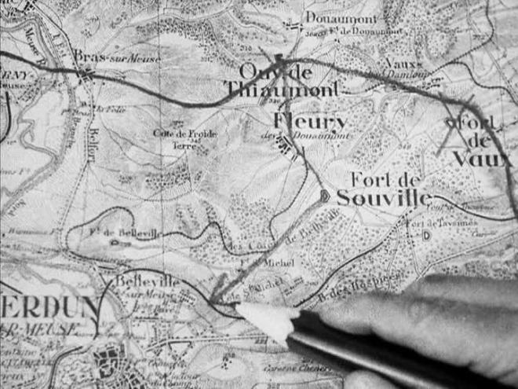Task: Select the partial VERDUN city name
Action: pyautogui.click(x=47, y=304)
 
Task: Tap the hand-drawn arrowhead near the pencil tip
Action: pyautogui.click(x=221, y=299)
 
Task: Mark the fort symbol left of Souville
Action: pyautogui.click(x=324, y=196)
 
